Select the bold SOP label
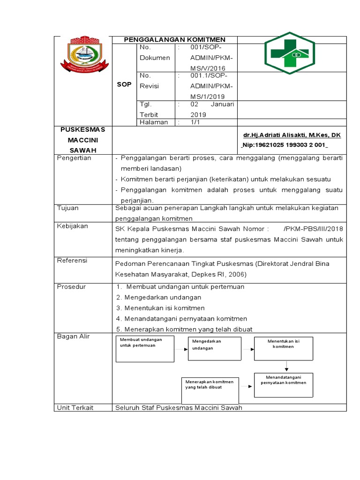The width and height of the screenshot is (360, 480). [x=124, y=84]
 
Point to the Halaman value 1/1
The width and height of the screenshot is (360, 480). [x=195, y=122]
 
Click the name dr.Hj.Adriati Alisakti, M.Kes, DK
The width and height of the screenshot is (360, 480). [x=292, y=135]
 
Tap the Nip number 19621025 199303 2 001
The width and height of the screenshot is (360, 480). [x=291, y=145]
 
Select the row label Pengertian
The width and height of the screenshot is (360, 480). [x=74, y=158]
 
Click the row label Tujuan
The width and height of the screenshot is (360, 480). [x=67, y=208]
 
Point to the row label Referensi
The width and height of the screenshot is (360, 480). [x=72, y=261]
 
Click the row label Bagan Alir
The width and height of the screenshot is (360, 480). [x=73, y=337]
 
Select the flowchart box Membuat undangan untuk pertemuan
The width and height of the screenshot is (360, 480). [x=145, y=349]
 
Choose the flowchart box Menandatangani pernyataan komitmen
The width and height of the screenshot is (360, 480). [x=284, y=385]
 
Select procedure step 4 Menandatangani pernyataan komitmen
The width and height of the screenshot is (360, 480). [x=181, y=319]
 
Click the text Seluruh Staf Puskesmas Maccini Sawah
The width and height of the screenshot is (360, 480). [x=179, y=407]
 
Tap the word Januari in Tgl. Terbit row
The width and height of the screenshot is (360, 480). [x=222, y=104]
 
